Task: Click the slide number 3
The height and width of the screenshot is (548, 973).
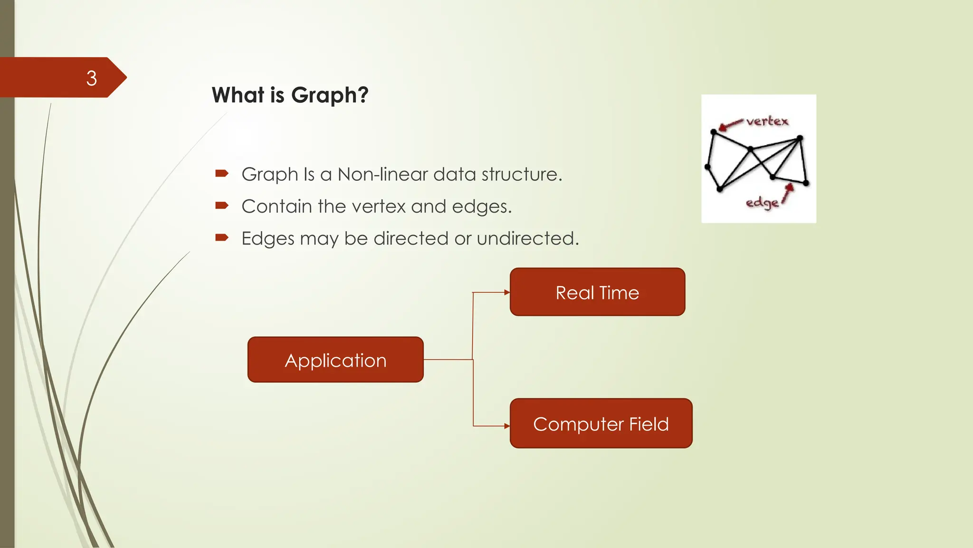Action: [x=92, y=78]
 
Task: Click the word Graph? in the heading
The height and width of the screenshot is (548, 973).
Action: [x=330, y=95]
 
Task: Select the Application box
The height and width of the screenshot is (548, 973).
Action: [x=335, y=360]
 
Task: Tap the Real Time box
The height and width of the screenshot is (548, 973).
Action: [x=597, y=292]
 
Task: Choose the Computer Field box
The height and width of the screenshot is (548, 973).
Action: [x=601, y=423]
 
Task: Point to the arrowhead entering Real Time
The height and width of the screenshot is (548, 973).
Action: [x=507, y=292]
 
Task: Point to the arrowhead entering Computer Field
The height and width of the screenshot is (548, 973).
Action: [x=507, y=426]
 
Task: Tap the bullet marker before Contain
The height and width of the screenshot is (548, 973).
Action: [x=222, y=205]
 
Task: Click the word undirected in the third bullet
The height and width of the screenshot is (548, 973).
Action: [x=527, y=238]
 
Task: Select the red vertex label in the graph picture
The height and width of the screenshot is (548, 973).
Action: [x=767, y=121]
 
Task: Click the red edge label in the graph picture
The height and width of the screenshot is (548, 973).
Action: [x=762, y=203]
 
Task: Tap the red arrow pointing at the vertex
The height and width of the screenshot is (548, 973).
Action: [x=730, y=125]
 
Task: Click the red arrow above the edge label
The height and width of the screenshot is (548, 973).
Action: [x=788, y=193]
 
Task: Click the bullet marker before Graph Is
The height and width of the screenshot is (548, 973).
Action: [x=222, y=173]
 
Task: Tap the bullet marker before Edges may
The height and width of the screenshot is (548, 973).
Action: [x=222, y=237]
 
